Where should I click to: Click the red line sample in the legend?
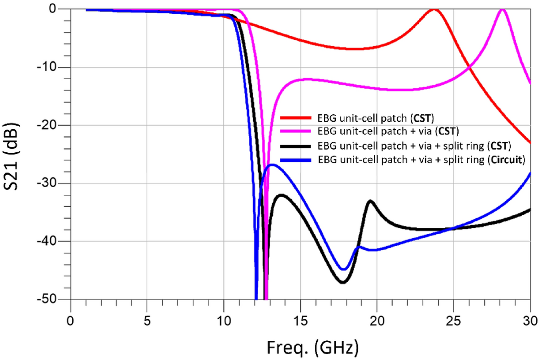click(296, 118)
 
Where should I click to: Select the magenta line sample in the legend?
click(296, 132)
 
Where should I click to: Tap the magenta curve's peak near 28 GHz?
click(502, 10)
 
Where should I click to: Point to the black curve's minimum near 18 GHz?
click(343, 282)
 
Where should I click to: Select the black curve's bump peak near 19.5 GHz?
click(370, 201)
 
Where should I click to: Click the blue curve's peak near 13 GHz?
click(272, 165)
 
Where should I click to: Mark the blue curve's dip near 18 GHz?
click(344, 269)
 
